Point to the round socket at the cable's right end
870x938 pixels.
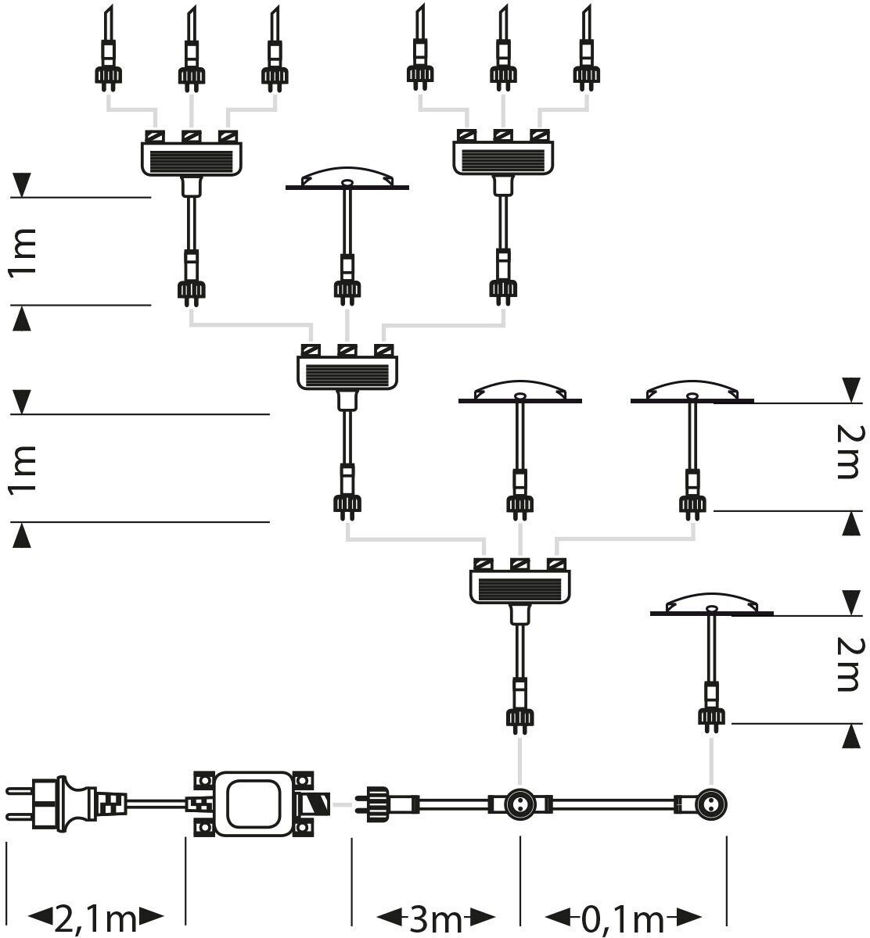pyautogui.click(x=710, y=803)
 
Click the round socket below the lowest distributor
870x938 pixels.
pyautogui.click(x=519, y=803)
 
